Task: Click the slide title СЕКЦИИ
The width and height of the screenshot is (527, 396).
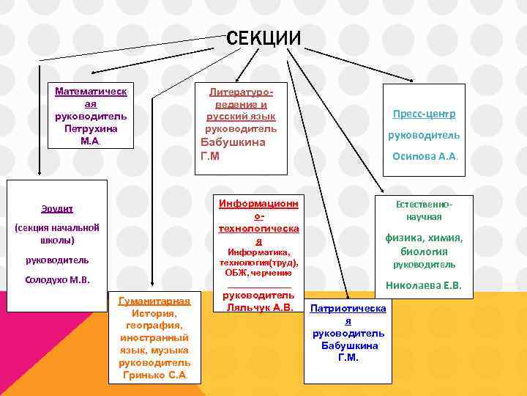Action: [x=263, y=38]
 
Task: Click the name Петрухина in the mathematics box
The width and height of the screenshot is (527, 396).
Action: [x=91, y=128]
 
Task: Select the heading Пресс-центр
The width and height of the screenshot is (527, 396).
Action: [x=424, y=114]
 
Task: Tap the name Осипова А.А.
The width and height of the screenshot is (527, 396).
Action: [x=425, y=155]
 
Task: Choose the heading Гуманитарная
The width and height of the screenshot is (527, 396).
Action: [x=154, y=301]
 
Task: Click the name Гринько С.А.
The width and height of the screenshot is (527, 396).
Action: [x=154, y=375]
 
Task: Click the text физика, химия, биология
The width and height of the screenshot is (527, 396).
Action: [x=425, y=243]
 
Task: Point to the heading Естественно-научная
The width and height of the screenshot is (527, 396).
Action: [x=425, y=211]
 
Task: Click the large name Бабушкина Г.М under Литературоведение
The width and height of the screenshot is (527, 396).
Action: [x=233, y=149]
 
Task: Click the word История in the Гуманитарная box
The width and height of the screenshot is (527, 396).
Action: [x=154, y=313]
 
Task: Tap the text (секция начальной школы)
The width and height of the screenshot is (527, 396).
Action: [x=57, y=234]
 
